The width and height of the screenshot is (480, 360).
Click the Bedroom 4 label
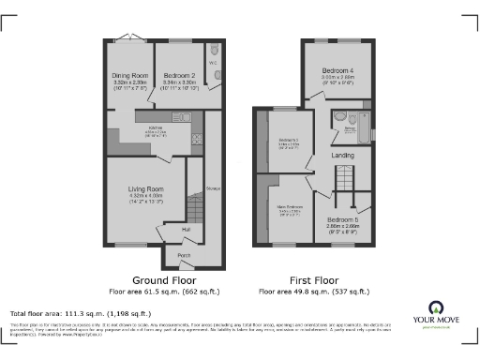click(x=337, y=71)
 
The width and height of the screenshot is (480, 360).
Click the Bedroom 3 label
click(x=290, y=141)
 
